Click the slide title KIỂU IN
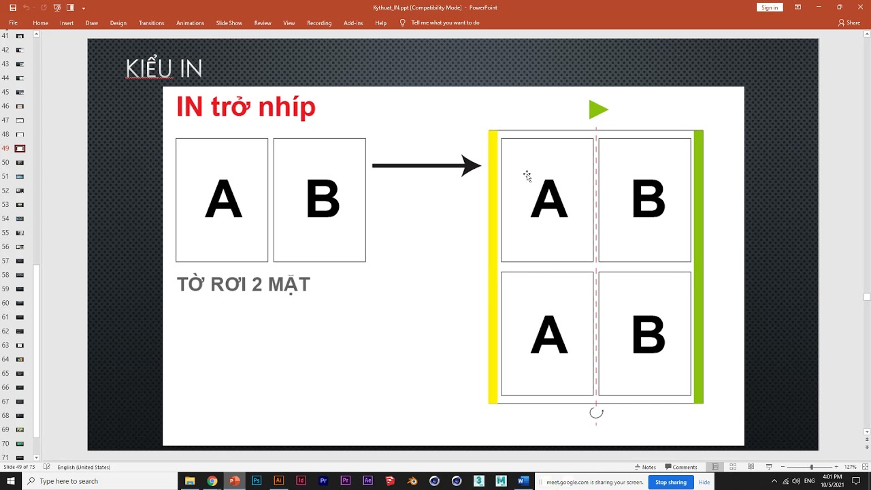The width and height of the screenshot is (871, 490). [x=164, y=69]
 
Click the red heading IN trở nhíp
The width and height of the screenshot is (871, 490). [x=246, y=107]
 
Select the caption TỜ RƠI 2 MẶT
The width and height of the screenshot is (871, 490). [x=244, y=284]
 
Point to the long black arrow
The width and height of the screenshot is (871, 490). [x=426, y=165]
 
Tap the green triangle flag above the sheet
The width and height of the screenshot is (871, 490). [x=597, y=110]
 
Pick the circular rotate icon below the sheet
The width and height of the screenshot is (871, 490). [x=596, y=412]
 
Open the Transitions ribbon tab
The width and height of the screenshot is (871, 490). [x=151, y=23]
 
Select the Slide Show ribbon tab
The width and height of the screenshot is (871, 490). [x=229, y=23]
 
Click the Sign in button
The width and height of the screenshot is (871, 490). [x=770, y=7]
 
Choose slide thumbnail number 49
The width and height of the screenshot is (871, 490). [x=20, y=148]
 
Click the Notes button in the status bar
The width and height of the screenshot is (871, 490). [x=645, y=467]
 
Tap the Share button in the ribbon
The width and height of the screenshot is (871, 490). [x=849, y=23]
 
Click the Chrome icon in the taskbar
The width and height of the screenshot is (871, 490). [x=212, y=481]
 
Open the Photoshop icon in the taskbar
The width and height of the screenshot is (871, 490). [x=257, y=481]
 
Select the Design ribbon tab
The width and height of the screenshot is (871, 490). [x=118, y=23]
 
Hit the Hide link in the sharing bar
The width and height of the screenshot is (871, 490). [x=704, y=482]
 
